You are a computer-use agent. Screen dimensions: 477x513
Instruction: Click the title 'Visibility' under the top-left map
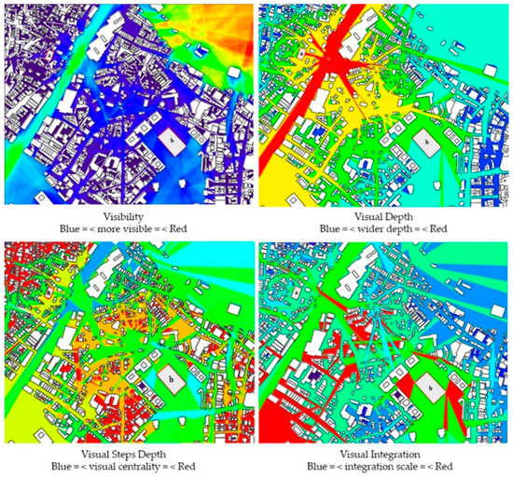128,213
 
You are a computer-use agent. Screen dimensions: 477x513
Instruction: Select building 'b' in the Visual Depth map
426,142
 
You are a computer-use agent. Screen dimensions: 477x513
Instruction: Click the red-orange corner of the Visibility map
238,14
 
